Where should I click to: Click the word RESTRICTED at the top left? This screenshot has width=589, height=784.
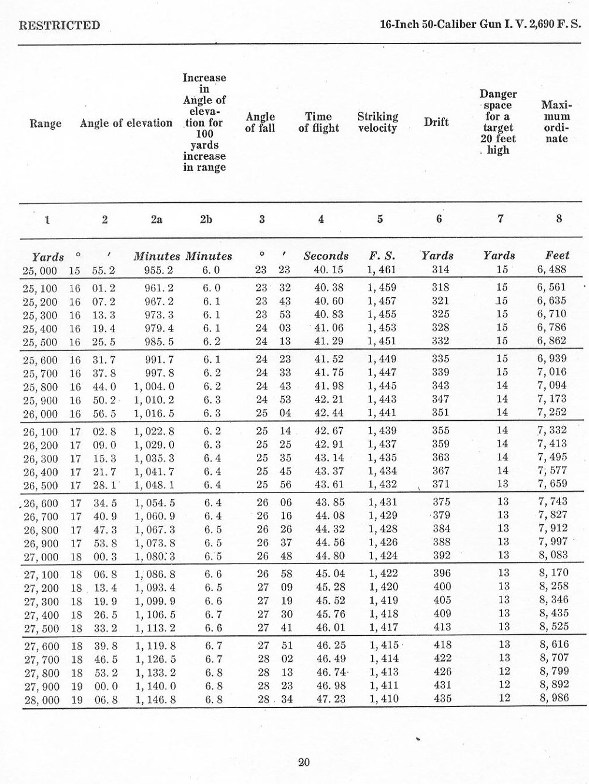59,25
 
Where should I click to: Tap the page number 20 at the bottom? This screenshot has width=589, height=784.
303,763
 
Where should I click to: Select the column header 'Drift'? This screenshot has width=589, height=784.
436,122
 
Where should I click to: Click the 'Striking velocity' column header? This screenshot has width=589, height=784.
377,122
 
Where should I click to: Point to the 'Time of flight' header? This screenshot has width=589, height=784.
319,122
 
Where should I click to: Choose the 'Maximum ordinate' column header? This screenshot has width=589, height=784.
556,122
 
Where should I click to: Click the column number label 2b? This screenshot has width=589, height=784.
206,219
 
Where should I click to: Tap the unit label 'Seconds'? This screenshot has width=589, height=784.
326,256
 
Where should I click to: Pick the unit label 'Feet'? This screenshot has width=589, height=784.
557,256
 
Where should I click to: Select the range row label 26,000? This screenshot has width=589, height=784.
41,414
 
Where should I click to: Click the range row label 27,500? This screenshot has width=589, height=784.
41,627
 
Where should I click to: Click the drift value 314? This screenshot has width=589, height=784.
440,270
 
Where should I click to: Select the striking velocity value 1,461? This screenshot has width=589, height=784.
381,270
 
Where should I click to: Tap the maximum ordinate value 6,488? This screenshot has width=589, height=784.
553,270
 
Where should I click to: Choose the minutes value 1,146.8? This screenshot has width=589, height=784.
155,699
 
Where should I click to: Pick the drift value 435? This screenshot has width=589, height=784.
442,699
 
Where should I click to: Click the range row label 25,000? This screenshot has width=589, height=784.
41,270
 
